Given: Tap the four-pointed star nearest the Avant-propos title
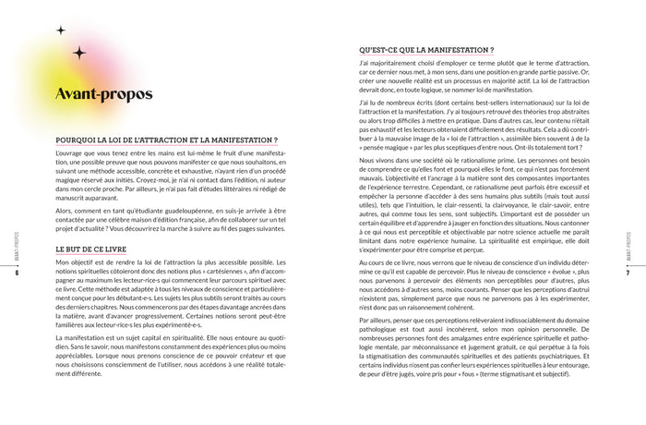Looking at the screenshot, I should [x=79, y=53].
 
